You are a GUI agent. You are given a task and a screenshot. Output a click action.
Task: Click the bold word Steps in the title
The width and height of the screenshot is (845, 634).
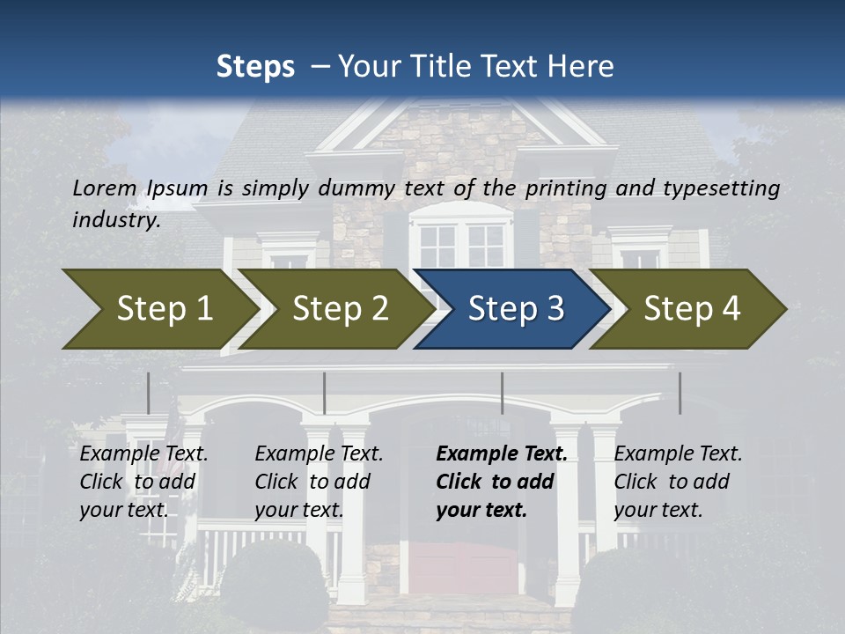(255, 67)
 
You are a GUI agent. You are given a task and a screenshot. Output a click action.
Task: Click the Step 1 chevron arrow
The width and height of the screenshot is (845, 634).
(158, 308)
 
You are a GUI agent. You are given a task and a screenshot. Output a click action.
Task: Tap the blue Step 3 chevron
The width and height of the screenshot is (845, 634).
(514, 308)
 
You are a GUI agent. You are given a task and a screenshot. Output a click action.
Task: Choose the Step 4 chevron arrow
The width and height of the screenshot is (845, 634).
(692, 308)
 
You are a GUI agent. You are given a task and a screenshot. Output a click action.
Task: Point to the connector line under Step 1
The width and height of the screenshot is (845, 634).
(148, 393)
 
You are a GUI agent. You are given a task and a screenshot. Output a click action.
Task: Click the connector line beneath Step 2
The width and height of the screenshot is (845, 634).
(325, 393)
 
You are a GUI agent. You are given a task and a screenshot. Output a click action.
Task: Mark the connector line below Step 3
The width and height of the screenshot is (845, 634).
(502, 393)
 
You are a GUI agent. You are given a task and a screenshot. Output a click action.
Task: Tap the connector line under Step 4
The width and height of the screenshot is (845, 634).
(680, 393)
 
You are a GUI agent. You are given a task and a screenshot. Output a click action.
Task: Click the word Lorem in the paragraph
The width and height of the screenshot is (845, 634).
(105, 188)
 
